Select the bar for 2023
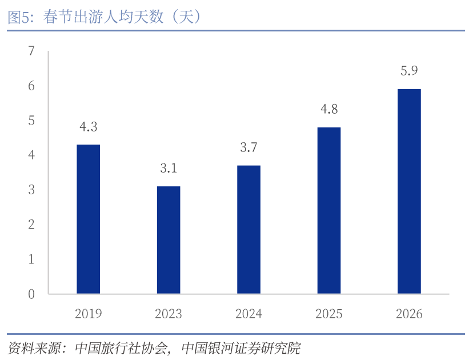coord(169,240)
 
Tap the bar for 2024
coord(248,230)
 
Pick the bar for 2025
coord(329,210)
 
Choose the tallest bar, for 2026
coord(409,191)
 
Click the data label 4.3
coord(89,127)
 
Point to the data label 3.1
coord(169,169)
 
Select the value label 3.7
coord(248,147)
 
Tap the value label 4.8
coord(329,109)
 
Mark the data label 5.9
coord(409,71)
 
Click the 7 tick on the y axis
coord(31,51)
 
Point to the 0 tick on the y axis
coord(31,294)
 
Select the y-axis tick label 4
coord(31,155)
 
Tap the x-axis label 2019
coord(89,314)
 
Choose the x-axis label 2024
coord(248,314)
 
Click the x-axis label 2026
coord(409,314)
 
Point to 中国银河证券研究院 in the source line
coord(240,347)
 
